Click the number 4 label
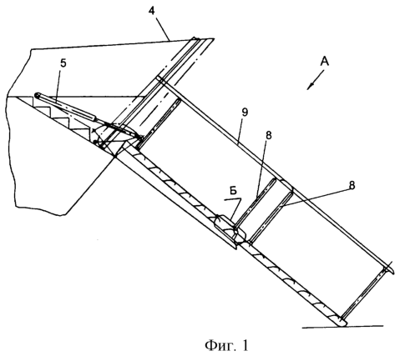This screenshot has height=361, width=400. tap(159, 12)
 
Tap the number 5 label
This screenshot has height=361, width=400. tap(63, 63)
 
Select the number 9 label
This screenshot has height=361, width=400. tap(245, 112)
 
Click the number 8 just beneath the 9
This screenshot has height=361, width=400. tap(269, 135)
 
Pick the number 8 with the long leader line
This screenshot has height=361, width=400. tap(352, 185)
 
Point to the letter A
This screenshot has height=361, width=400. tap(324, 62)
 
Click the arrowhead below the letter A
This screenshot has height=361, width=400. tap(310, 87)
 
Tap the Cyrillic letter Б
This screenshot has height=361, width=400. tap(233, 191)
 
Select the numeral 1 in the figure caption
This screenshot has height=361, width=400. tap(245, 345)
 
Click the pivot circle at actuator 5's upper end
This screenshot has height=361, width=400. tap(37, 95)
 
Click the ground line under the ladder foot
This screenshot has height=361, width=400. tap(343, 327)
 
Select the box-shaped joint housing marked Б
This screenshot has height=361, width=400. tap(230, 228)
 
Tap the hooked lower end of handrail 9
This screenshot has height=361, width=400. tap(389, 269)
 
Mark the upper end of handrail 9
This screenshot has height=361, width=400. tap(159, 78)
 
